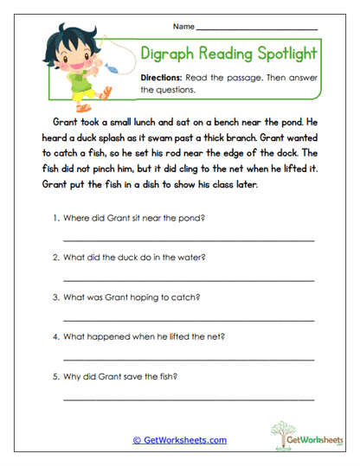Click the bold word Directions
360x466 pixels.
pos(161,78)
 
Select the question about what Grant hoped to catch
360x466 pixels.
pos(131,297)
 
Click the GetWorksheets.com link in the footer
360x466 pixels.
pos(180,440)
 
